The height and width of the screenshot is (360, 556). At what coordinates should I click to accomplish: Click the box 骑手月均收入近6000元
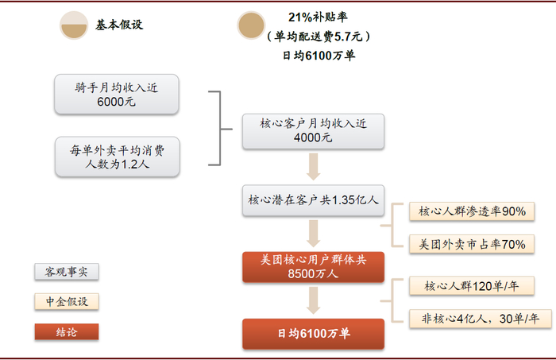click(x=116, y=95)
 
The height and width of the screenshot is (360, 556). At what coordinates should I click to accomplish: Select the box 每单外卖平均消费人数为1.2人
click(x=118, y=157)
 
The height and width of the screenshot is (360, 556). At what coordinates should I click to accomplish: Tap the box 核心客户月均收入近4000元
click(x=313, y=131)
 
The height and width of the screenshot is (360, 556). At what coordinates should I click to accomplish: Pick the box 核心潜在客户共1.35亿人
click(x=313, y=200)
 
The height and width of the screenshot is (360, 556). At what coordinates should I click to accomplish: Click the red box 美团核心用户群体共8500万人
click(x=313, y=267)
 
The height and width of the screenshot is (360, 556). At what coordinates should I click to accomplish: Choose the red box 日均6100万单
click(x=313, y=334)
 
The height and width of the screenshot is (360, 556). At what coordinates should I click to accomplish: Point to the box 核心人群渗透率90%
click(x=472, y=211)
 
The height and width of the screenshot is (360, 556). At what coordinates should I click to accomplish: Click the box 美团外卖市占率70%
click(x=472, y=244)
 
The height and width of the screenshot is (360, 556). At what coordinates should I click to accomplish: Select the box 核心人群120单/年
click(x=472, y=286)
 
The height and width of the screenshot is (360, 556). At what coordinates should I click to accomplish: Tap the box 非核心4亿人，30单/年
click(x=481, y=319)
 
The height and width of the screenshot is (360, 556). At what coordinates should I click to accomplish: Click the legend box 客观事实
click(x=66, y=272)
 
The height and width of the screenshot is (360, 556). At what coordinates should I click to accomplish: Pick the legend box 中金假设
click(x=66, y=302)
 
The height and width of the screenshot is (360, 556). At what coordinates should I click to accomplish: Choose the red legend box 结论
click(x=66, y=332)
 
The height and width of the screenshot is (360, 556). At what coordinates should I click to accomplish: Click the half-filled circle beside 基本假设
click(x=74, y=25)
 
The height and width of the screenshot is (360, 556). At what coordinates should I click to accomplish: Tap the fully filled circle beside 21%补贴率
click(x=251, y=25)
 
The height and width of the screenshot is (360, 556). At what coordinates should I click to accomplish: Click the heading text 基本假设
click(x=119, y=25)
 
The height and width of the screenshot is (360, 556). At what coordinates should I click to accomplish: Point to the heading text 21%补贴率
click(x=318, y=17)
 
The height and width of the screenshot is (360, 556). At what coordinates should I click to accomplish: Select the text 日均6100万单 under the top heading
click(x=319, y=56)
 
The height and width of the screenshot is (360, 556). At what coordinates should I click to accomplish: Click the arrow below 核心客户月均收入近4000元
click(x=313, y=167)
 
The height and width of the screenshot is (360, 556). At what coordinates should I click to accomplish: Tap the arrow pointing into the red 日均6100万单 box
click(x=313, y=300)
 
